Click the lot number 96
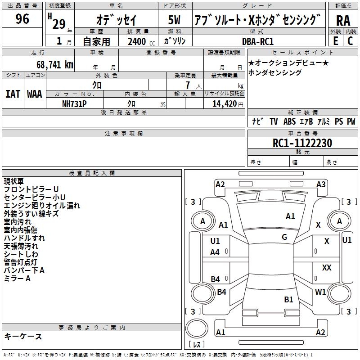[x=22, y=19]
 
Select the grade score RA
[x=343, y=21]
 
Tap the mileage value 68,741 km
[x=55, y=65]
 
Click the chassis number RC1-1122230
[x=302, y=143]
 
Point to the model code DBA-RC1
[x=258, y=41]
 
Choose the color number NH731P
[x=74, y=104]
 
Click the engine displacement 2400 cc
[x=141, y=41]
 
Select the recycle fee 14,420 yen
[x=228, y=104]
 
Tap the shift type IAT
[x=13, y=94]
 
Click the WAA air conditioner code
[x=35, y=94]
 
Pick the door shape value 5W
[x=174, y=20]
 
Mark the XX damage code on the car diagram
[x=327, y=268]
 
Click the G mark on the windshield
[x=284, y=237]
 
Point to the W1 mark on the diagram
[x=320, y=292]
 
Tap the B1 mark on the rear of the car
[x=288, y=299]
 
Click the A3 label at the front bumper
[x=321, y=184]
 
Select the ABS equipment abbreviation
[x=289, y=121]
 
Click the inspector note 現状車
[x=14, y=181]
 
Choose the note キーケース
[x=23, y=337]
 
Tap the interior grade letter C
[x=350, y=41]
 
